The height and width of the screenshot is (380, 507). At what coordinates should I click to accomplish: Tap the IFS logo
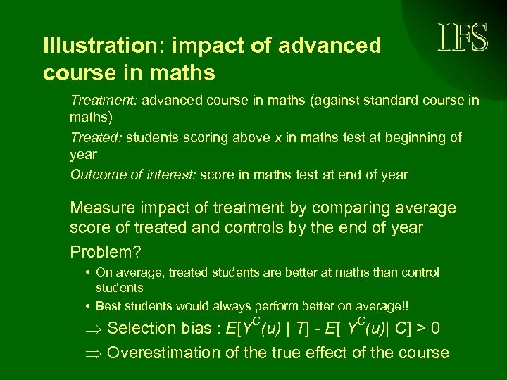click(x=462, y=37)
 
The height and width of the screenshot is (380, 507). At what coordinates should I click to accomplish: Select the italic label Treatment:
click(x=104, y=101)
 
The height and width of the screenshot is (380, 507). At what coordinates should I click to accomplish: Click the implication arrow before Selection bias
click(x=94, y=329)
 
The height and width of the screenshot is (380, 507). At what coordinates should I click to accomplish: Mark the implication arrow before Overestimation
click(x=94, y=353)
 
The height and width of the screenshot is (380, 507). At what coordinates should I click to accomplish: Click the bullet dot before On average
click(x=84, y=272)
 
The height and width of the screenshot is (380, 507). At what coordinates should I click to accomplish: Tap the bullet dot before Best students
click(x=84, y=306)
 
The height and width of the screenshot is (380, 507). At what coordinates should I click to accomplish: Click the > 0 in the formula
click(x=431, y=328)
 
